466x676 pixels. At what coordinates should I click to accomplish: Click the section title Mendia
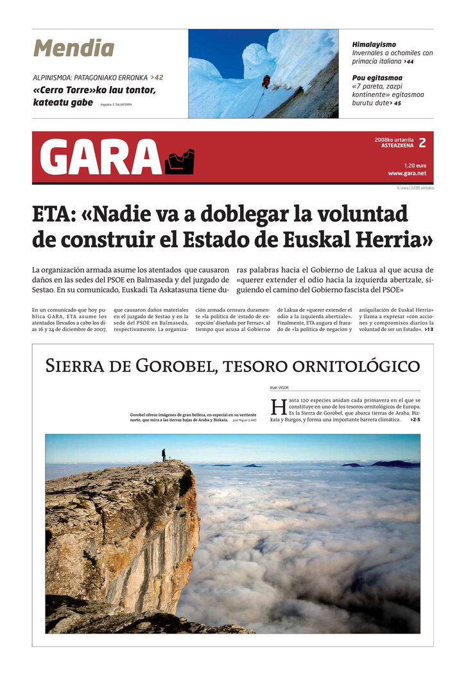pyautogui.click(x=74, y=48)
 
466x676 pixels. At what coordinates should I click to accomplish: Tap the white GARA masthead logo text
pyautogui.click(x=101, y=157)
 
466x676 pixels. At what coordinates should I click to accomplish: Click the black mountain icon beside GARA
pyautogui.click(x=180, y=162)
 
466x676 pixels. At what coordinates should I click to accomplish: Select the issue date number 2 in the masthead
pyautogui.click(x=422, y=143)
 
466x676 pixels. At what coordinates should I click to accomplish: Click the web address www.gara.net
pyautogui.click(x=407, y=173)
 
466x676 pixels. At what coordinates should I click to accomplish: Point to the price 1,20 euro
pyautogui.click(x=415, y=165)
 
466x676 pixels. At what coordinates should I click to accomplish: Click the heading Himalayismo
pyautogui.click(x=374, y=44)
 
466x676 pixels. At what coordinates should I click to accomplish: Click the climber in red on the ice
pyautogui.click(x=266, y=81)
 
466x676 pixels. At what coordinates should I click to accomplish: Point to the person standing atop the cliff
pyautogui.click(x=164, y=454)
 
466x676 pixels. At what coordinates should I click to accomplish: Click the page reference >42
pyautogui.click(x=157, y=78)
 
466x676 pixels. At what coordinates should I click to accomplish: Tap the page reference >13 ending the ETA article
pyautogui.click(x=429, y=330)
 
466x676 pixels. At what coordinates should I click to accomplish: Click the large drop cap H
pyautogui.click(x=277, y=407)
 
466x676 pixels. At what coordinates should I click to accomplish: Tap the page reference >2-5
pyautogui.click(x=413, y=420)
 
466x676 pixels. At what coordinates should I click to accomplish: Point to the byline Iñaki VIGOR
pyautogui.click(x=279, y=388)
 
